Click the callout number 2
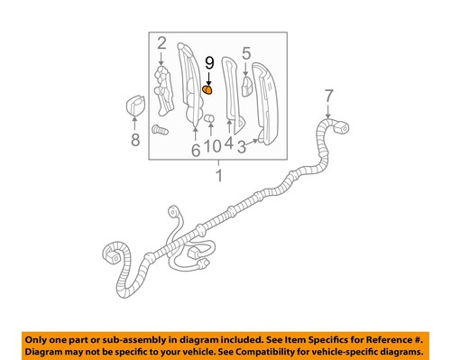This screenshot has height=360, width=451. (x=161, y=43)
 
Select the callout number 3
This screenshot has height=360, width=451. (x=242, y=144)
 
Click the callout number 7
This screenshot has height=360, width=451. (x=328, y=95)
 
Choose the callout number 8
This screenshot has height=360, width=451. (x=135, y=140)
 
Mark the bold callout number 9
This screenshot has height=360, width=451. (x=209, y=63)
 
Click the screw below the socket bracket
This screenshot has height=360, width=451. (x=161, y=130)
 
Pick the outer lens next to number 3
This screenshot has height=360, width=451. (x=269, y=99)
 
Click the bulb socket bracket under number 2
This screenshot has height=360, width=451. (x=163, y=88)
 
